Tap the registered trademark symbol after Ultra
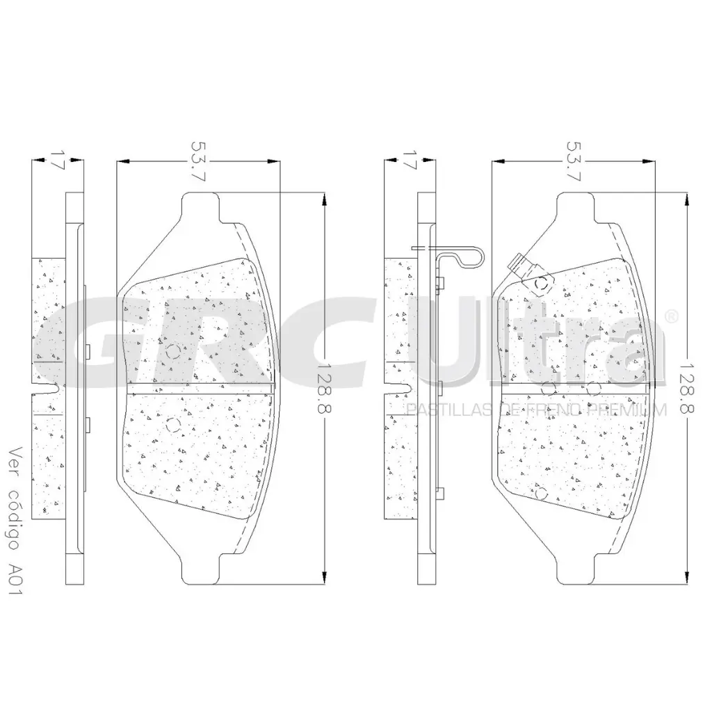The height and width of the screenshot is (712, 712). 671,317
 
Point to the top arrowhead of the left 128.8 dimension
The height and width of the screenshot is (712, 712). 325,201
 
